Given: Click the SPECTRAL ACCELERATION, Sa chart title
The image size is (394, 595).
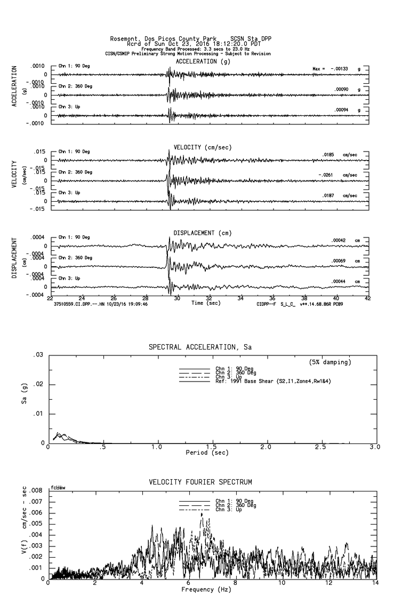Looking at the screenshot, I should (x=200, y=347).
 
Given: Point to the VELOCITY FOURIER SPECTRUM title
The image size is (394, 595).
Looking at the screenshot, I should (x=200, y=482).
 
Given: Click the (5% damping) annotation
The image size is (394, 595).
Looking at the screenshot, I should (x=330, y=362).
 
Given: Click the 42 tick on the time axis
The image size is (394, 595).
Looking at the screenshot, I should (x=367, y=298).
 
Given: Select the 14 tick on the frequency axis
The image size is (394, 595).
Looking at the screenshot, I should (x=375, y=584).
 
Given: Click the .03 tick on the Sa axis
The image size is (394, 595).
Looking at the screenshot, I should (x=39, y=355).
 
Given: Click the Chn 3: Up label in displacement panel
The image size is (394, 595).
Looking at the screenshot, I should (x=68, y=278).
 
